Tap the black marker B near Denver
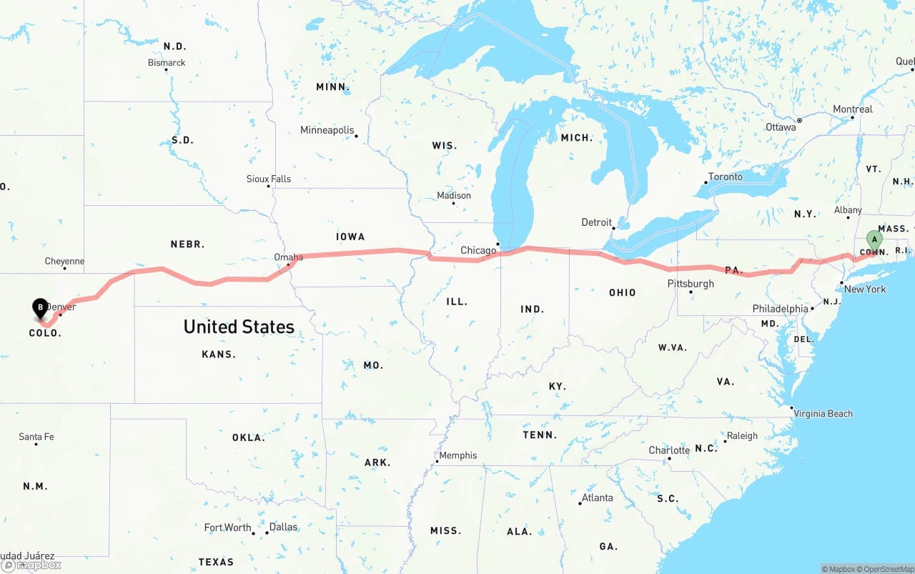pos(41,308)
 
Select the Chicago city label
pos(478,250)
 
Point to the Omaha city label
pos(289,257)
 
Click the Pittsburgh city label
pos(691,284)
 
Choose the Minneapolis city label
pos(327,130)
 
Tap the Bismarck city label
pos(167,63)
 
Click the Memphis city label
pos(457,455)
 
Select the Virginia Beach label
pos(823,413)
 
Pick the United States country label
pos(239,327)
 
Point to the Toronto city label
pos(725,177)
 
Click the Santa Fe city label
pos(36,437)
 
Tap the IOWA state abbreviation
pos(350,237)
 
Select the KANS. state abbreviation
pos(219,355)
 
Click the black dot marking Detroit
pos(614,228)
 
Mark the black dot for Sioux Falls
pos(269,186)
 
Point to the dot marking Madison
pos(453,203)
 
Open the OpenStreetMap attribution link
pos(886,569)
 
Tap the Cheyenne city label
pos(64,262)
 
